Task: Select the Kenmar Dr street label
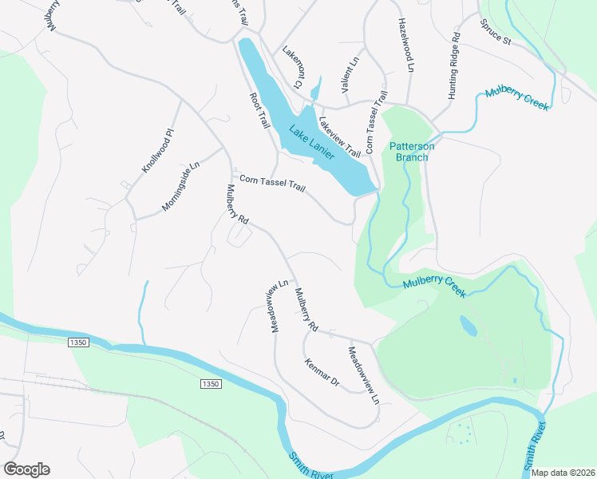pos(322,374)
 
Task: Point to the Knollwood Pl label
pos(157,151)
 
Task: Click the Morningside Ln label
pos(180,184)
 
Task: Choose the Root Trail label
pos(259,111)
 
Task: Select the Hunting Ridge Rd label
pos(454,65)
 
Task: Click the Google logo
pos(26,469)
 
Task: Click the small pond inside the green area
pos(469,326)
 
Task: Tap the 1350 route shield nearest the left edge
pos(77,342)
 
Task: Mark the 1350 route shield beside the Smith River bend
pos(209,384)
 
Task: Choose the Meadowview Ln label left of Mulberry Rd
pos(278,306)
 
